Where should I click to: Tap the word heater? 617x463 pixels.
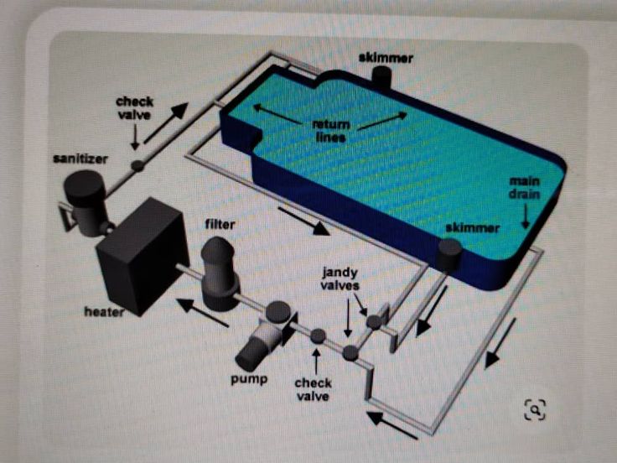coord(104,312)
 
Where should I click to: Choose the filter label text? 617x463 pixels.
coord(220,225)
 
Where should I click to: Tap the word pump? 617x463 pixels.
coord(249,379)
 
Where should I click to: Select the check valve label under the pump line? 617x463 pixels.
coord(313,389)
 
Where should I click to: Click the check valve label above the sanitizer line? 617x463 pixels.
coord(134,108)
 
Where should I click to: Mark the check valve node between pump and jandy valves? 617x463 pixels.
coord(318,336)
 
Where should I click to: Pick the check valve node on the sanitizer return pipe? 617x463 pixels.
coord(137,166)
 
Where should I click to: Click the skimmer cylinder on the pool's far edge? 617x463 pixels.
coord(381,78)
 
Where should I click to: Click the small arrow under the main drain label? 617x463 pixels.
coord(525,218)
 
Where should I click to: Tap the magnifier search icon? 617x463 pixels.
coord(534,409)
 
